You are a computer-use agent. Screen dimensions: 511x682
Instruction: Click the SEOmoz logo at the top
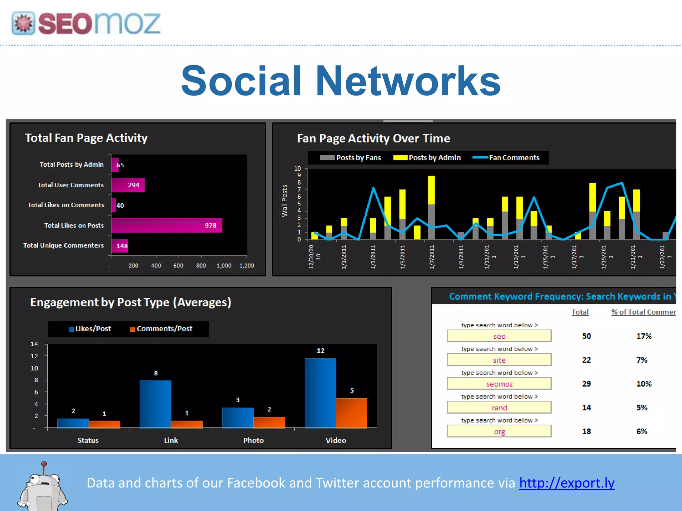click(86, 23)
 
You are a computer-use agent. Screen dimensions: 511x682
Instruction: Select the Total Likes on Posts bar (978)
click(167, 225)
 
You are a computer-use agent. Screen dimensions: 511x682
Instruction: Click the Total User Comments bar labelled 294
click(128, 185)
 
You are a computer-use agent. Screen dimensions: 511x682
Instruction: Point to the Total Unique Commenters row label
click(63, 246)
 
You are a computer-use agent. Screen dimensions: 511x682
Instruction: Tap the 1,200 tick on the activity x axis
click(246, 265)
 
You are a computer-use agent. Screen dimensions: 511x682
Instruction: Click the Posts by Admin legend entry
click(427, 158)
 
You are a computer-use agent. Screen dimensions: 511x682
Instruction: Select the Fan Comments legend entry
click(506, 158)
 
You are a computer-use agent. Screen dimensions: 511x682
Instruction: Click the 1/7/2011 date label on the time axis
click(432, 257)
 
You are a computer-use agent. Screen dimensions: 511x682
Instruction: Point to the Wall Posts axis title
click(284, 201)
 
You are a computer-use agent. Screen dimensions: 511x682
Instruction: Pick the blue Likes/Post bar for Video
click(320, 393)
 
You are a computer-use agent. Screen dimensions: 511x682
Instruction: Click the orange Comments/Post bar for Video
click(351, 413)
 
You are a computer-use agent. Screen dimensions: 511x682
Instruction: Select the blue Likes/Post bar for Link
click(155, 404)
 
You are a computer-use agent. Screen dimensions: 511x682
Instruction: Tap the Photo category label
click(253, 440)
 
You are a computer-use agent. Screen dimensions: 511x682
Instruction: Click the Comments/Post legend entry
click(161, 329)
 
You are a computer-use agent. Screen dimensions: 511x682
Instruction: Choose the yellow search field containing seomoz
click(499, 384)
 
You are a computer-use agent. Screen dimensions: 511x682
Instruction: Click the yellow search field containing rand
click(499, 408)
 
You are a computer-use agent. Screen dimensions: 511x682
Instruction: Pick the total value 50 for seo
click(586, 336)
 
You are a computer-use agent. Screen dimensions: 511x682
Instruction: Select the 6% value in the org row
click(642, 431)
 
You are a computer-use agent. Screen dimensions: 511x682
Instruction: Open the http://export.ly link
click(567, 483)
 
